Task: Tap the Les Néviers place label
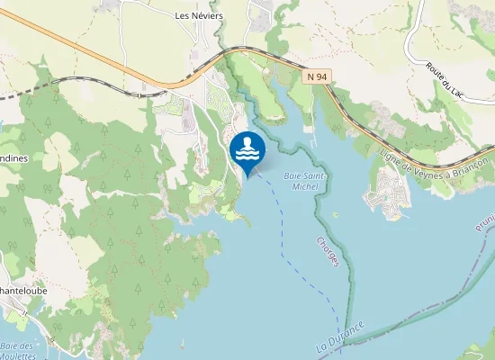[197, 16]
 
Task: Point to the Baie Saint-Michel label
[304, 181]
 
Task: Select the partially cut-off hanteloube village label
[23, 292]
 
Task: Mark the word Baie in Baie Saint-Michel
[292, 175]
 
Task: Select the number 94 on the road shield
[320, 78]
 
